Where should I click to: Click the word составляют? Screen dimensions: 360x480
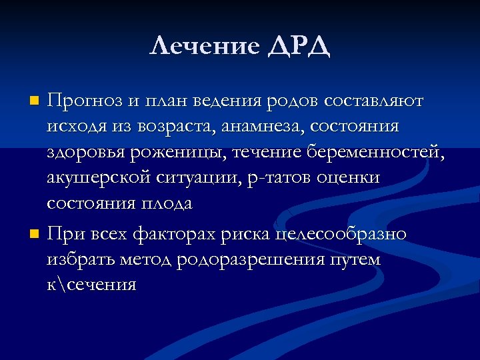point(374,101)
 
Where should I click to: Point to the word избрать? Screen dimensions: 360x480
point(82,260)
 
